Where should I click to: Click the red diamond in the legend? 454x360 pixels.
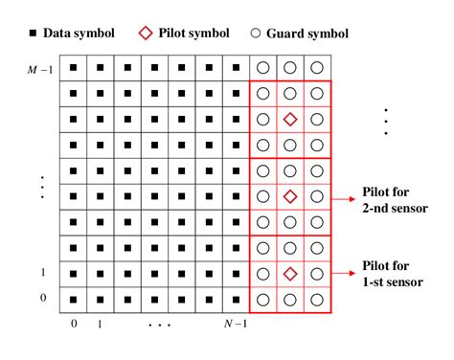pyautogui.click(x=145, y=34)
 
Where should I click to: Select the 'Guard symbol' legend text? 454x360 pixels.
pyautogui.click(x=307, y=34)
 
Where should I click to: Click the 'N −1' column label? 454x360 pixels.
pyautogui.click(x=235, y=324)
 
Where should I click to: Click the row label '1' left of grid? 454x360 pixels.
pyautogui.click(x=42, y=273)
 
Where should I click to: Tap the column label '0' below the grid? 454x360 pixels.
pyautogui.click(x=73, y=324)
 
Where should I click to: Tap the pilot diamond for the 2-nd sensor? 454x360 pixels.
pyautogui.click(x=290, y=197)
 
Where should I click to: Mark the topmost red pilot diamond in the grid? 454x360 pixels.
pyautogui.click(x=290, y=120)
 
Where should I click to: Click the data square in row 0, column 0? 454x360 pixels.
pyautogui.click(x=73, y=299)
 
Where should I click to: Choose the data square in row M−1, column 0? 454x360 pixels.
pyautogui.click(x=73, y=69)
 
